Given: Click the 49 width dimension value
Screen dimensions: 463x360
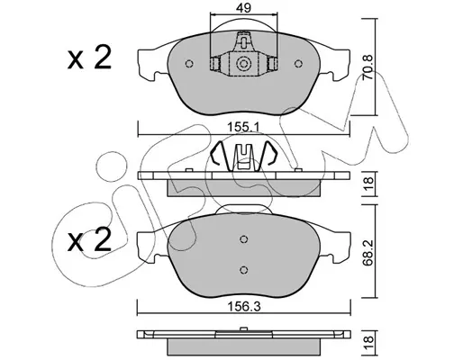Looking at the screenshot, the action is [x=243, y=8].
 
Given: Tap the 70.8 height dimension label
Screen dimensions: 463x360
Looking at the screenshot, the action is [x=368, y=67].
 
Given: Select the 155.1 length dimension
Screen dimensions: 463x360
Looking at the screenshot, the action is [x=243, y=127].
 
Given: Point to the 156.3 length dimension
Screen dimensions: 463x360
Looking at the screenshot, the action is [x=243, y=307].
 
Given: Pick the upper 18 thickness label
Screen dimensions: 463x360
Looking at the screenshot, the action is [x=368, y=182].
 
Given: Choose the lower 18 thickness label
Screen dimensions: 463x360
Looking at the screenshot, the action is [x=368, y=340].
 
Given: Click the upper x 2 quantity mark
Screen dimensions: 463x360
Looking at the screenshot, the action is [x=89, y=58].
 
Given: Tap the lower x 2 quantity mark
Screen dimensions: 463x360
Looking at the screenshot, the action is [x=89, y=241].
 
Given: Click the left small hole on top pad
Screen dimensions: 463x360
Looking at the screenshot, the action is [x=189, y=64].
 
